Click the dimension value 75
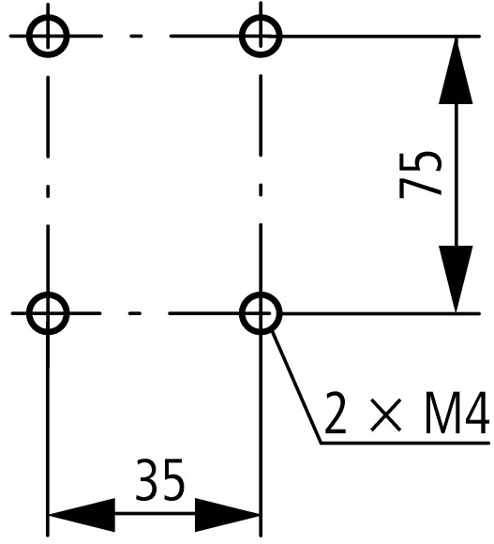(x=421, y=174)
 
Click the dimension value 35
(x=159, y=480)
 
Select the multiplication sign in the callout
(x=385, y=415)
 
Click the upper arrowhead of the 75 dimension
(x=456, y=70)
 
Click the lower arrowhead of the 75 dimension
(x=456, y=279)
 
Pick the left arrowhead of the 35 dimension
(x=82, y=515)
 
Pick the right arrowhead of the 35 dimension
(x=228, y=515)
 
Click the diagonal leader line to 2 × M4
(x=296, y=386)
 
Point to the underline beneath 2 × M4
(x=405, y=443)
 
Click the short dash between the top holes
(x=136, y=36)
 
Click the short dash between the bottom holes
(x=135, y=313)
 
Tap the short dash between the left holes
(x=48, y=191)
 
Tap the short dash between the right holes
(x=261, y=190)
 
